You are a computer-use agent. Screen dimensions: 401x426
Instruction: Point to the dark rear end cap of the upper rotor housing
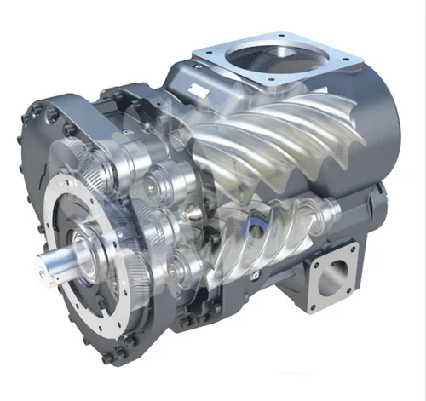[x=383, y=128]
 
